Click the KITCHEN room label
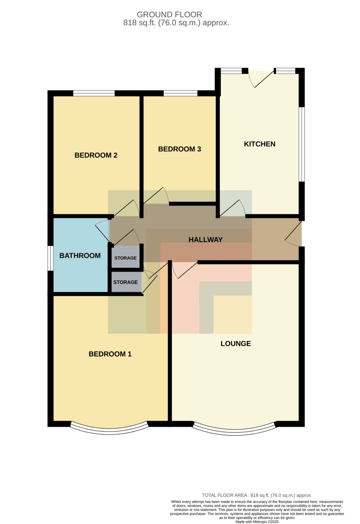260,144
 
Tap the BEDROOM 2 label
96,155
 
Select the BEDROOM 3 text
180,149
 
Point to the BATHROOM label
80,256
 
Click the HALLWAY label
205,240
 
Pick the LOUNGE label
236,344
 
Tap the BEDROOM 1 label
110,354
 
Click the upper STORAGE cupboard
125,257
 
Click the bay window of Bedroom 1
109,431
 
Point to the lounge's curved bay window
234,432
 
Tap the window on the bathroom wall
51,258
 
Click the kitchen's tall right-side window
302,144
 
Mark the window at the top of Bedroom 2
94,93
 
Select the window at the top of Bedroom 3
180,93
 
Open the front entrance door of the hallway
294,234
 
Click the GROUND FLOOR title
169,15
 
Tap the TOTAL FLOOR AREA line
257,495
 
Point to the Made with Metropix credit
257,522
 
